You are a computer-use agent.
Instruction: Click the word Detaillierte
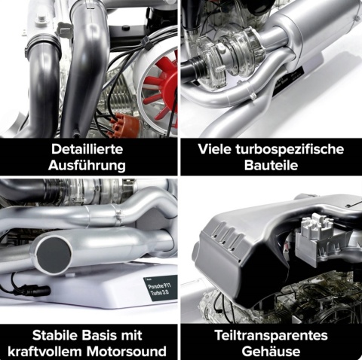coord(87,149)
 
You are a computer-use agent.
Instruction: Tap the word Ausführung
coord(87,166)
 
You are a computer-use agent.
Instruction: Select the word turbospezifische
coord(290,150)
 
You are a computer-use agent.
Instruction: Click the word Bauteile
coord(271,166)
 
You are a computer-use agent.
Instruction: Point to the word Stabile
coord(55,335)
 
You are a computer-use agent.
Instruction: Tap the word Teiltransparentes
coord(271,336)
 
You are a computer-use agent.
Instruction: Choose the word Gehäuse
coord(271,352)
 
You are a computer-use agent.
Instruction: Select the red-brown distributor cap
coord(124,126)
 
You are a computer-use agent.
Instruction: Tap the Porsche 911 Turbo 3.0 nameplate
coord(160,288)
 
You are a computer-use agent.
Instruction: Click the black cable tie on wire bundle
coord(147,43)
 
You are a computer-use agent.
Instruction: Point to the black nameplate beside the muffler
coord(288,81)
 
